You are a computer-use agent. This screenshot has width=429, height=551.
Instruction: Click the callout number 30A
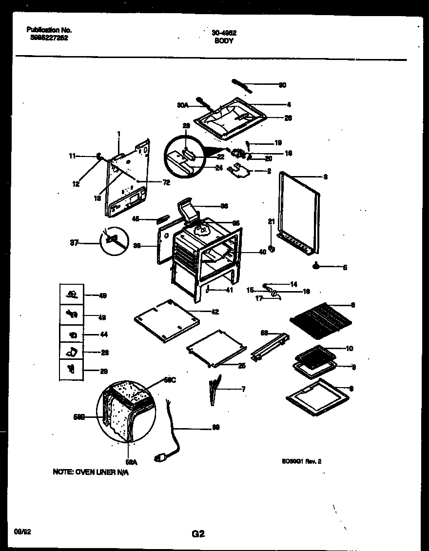pos(182,104)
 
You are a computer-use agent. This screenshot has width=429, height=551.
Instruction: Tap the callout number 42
pos(215,312)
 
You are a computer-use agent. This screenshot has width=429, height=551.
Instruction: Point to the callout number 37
pos(74,242)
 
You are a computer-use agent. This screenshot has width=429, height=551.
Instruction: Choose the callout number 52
pos(264,333)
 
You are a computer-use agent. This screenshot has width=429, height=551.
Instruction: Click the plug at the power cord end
pos(159,457)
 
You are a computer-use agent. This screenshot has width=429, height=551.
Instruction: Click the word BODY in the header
pos(224,41)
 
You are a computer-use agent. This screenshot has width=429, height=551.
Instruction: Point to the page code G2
pos(197,534)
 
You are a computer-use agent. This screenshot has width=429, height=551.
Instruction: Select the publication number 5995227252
pos(47,37)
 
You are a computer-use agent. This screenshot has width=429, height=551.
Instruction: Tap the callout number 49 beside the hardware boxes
pos(103,295)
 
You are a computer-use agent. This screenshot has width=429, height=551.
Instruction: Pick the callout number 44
pos(103,335)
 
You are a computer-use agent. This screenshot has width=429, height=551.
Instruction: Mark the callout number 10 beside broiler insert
pos(350,349)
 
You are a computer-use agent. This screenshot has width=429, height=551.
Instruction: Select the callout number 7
pos(243,389)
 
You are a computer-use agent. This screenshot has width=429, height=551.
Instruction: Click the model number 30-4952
pos(224,33)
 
